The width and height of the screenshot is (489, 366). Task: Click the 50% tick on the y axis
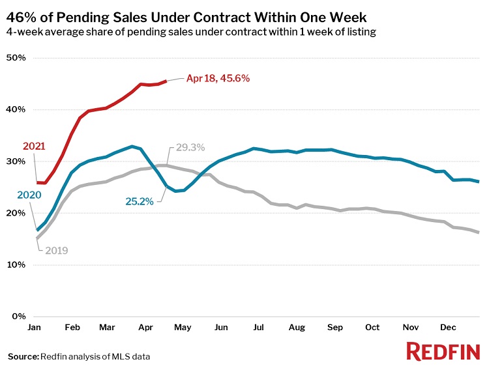(16, 58)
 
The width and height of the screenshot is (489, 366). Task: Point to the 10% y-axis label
(16, 265)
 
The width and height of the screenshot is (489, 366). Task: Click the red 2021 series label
(34, 146)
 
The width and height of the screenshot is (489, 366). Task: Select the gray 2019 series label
(57, 249)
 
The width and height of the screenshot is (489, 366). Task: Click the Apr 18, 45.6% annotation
(218, 78)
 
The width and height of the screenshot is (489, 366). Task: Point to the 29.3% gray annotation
(190, 148)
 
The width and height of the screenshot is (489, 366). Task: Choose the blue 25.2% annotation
(140, 202)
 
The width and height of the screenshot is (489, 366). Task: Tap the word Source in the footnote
(23, 356)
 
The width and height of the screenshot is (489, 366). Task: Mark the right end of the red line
(167, 81)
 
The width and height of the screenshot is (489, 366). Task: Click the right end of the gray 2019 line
(479, 232)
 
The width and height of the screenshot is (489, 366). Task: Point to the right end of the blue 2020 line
(479, 182)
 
